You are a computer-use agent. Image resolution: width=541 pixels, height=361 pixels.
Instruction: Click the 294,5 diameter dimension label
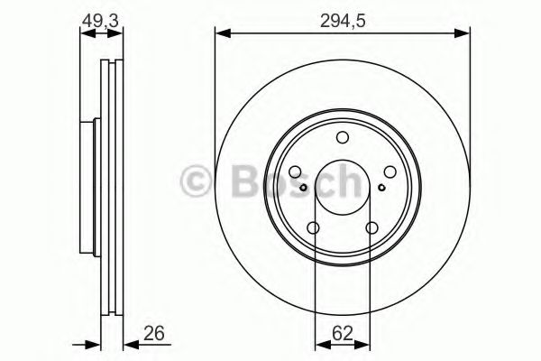tap(342, 19)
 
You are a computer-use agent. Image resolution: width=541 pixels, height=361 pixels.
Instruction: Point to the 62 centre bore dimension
tap(342, 334)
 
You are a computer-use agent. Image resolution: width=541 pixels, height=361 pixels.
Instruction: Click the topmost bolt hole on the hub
tap(342, 137)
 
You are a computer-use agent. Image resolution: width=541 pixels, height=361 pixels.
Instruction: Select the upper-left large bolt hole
tap(296, 171)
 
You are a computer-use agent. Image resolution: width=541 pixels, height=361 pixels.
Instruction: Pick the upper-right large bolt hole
tap(389, 171)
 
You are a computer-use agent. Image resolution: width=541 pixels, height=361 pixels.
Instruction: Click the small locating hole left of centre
tap(305, 187)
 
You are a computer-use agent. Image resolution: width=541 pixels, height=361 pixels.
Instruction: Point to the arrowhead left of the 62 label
tap(319, 344)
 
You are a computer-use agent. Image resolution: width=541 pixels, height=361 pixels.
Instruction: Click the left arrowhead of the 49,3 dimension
tap(85, 34)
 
